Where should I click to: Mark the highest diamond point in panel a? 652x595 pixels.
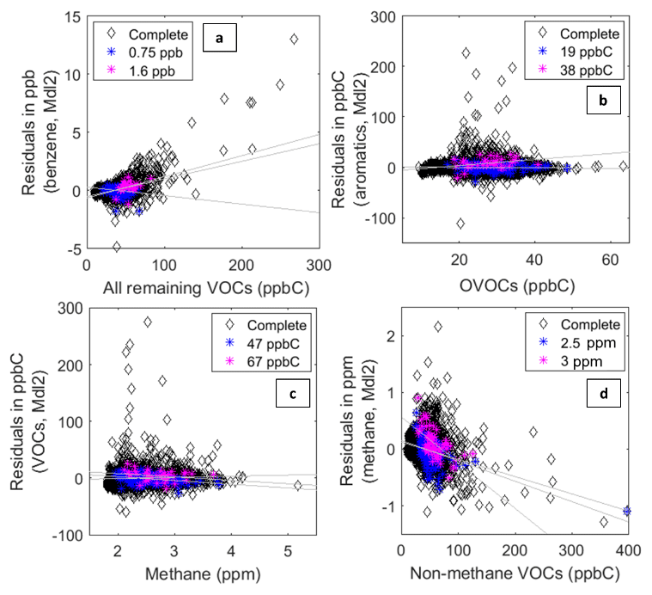click(294, 40)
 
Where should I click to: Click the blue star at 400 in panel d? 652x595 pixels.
click(627, 511)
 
